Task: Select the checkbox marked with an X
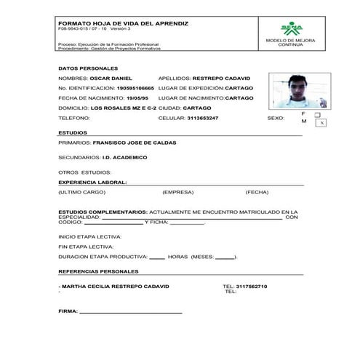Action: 321,124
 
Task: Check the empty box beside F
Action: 317,114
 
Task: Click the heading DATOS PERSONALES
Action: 83,68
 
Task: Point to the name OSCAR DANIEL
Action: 113,77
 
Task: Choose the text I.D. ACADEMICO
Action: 124,156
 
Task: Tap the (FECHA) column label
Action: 257,192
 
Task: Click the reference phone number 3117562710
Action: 252,286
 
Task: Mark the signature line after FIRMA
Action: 131,313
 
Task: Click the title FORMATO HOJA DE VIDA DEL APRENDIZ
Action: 123,23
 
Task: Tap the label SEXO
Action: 276,117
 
